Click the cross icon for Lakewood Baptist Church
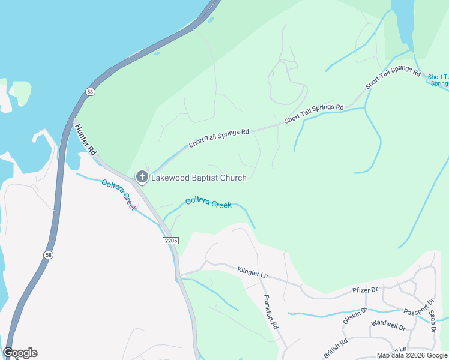click(x=142, y=176)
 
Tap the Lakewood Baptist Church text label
click(x=199, y=177)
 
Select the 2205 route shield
click(x=171, y=240)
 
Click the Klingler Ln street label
click(x=252, y=272)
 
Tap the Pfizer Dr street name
click(x=364, y=290)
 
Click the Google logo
click(x=20, y=353)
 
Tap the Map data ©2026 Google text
click(x=412, y=355)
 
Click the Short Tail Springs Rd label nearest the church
click(x=218, y=138)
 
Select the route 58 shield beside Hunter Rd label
click(x=89, y=92)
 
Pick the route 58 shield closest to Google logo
click(x=48, y=255)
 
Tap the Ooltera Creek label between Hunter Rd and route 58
click(x=119, y=194)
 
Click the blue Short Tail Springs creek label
click(x=438, y=80)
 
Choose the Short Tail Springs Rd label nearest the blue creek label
click(x=393, y=79)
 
